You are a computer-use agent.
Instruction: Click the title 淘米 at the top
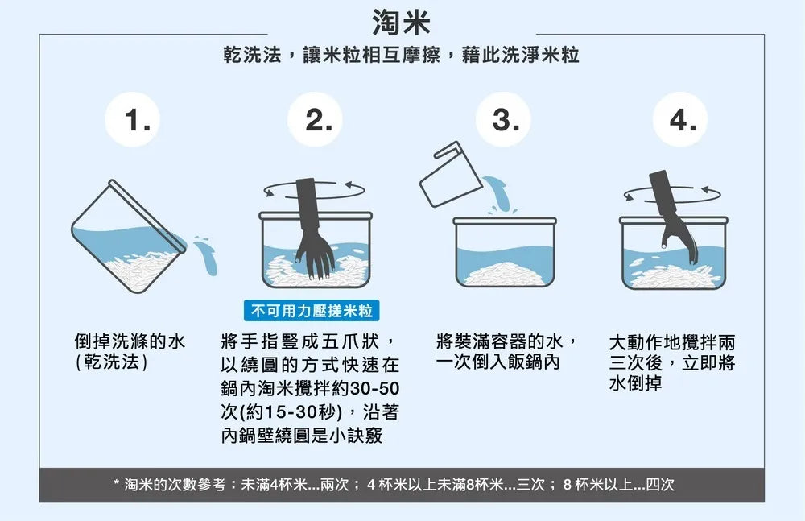402,23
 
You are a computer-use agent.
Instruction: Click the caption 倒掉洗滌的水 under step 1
130,341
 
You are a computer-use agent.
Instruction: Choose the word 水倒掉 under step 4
635,384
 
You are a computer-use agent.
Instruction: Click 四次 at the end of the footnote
660,485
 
